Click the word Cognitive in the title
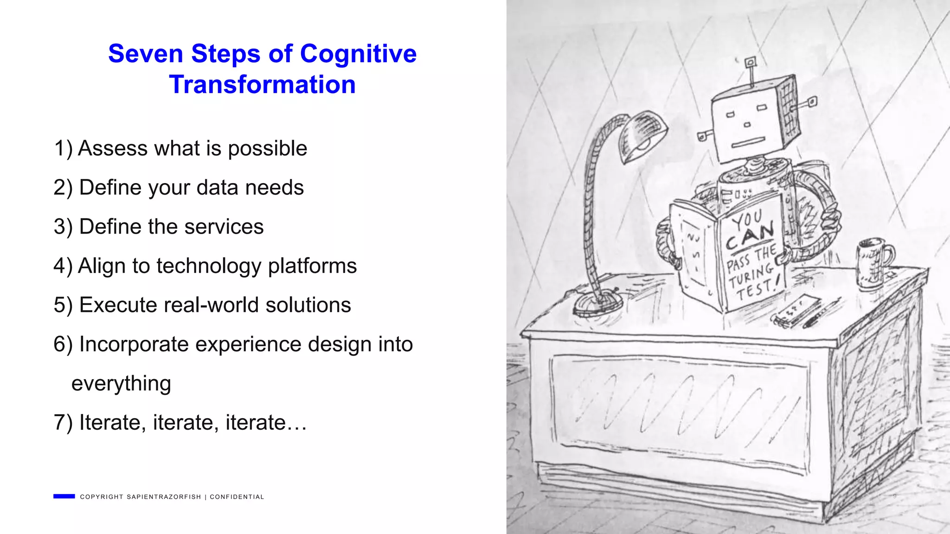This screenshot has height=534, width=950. coord(358,54)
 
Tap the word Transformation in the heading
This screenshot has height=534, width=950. coord(262,84)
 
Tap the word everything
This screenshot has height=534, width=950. coord(121,383)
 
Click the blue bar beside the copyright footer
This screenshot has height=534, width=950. coord(64,496)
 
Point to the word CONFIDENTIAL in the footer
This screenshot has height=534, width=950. coord(237,497)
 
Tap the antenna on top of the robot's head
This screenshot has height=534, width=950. coord(750,70)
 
